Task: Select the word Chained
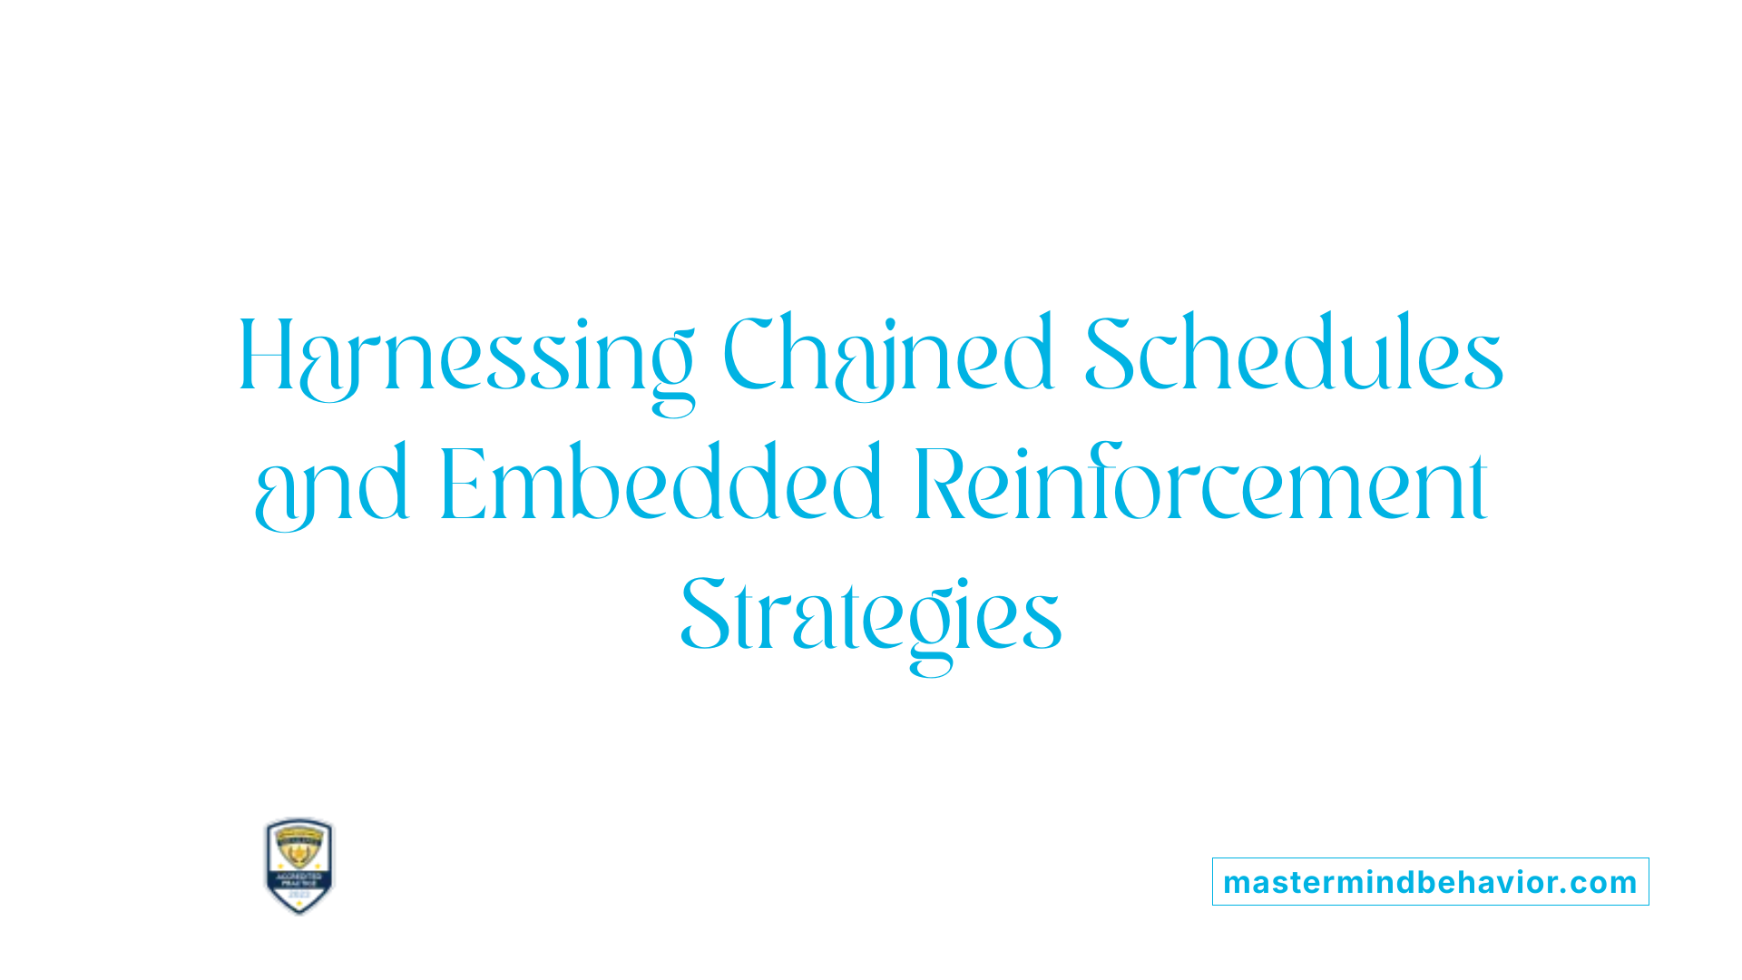888,357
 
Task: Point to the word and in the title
331,486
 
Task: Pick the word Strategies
871,617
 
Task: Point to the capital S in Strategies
705,616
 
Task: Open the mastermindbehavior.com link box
1430,882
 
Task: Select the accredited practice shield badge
299,866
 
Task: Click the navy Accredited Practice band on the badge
299,879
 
